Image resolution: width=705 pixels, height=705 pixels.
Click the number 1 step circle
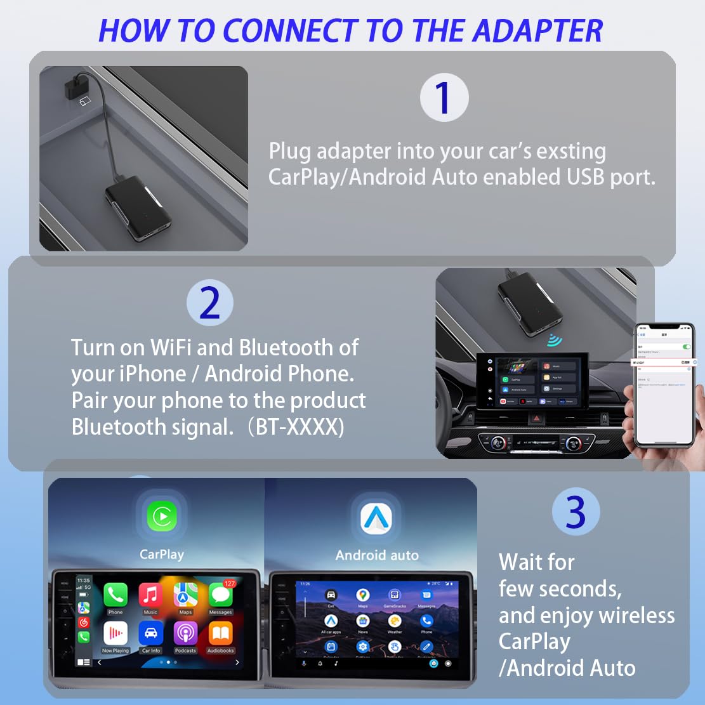444,98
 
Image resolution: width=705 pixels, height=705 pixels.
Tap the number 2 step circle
209,303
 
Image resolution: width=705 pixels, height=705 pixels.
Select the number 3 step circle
576,511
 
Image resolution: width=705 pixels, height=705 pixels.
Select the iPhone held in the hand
664,387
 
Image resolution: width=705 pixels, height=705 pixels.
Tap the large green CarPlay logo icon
162,517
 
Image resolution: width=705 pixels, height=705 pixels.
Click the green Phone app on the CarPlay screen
115,595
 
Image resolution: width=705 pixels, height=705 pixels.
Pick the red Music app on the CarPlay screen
150,595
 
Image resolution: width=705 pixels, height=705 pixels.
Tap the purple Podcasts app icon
186,633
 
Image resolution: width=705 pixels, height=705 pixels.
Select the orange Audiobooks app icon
221,633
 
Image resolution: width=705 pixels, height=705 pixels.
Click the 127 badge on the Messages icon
229,583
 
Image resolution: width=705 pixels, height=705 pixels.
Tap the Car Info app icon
150,633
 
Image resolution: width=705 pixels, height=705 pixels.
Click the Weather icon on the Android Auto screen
395,622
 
